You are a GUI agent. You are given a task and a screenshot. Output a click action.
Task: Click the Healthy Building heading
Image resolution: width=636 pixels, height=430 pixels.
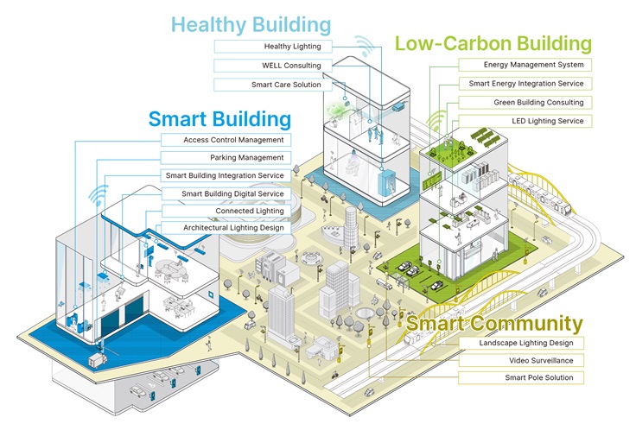click(x=251, y=25)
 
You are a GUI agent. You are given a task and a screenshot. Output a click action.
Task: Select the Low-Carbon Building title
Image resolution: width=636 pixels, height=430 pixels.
click(x=493, y=43)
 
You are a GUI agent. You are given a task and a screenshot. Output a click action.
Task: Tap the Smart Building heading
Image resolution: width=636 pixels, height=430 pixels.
click(x=219, y=119)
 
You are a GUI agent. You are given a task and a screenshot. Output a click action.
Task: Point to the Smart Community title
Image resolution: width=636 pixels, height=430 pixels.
click(x=494, y=324)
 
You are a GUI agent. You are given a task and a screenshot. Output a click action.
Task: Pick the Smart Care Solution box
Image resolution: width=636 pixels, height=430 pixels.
click(x=273, y=85)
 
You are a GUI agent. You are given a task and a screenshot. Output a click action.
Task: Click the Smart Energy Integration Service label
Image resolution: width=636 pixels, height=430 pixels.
click(x=525, y=84)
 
